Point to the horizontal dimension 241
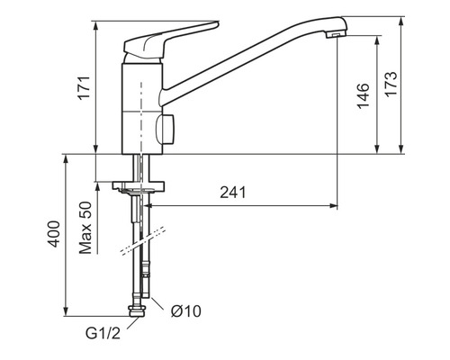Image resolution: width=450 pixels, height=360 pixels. coord(232,193)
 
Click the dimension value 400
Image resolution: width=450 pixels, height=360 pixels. coord(55,236)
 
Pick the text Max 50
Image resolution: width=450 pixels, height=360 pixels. coord(86,228)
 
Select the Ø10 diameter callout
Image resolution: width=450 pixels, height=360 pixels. coord(185,311)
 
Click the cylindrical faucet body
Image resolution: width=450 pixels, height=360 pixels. coord(139,103)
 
